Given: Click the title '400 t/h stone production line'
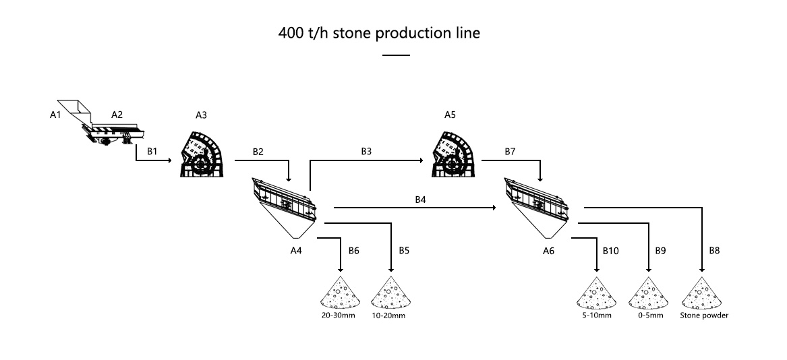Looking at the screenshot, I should tap(379, 33).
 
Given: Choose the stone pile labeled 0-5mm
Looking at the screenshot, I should tap(647, 291).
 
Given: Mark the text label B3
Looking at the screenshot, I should tap(366, 152).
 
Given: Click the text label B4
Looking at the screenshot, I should tap(421, 200).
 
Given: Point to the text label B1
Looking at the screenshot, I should tap(152, 152).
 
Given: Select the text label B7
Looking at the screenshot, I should tap(511, 152).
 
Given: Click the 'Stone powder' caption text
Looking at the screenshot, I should tap(704, 315).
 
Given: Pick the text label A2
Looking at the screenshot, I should tap(117, 115).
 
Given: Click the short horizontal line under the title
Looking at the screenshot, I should tap(396, 55).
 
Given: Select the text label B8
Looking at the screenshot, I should tap(714, 250).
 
